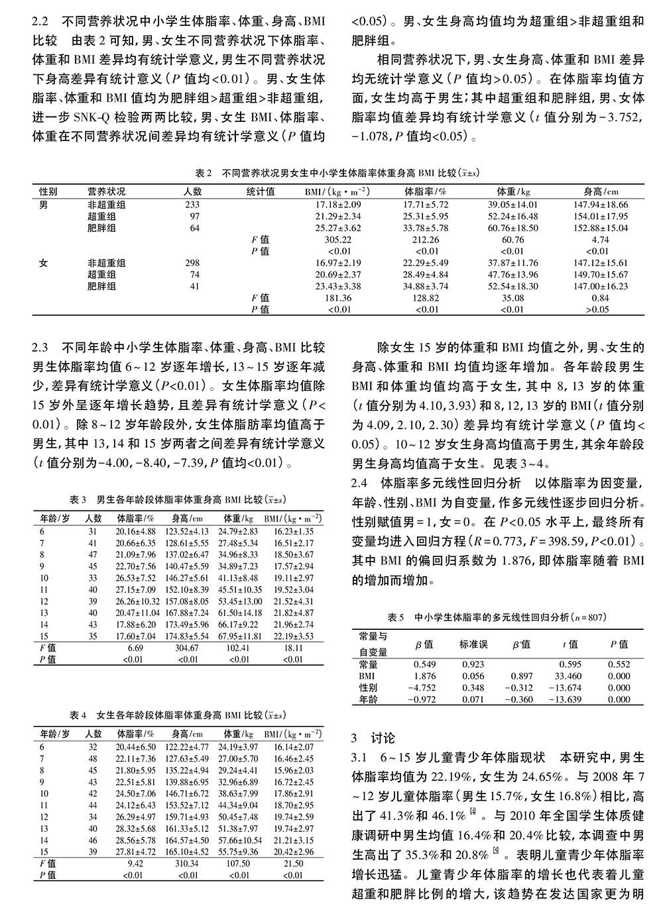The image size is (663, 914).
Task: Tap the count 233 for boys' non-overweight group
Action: click(x=192, y=205)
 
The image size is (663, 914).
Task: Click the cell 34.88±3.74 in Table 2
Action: click(x=426, y=286)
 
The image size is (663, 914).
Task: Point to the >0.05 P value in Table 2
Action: click(x=597, y=309)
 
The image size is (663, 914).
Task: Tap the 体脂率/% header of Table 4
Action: click(x=135, y=734)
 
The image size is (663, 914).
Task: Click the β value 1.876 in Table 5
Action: click(x=424, y=676)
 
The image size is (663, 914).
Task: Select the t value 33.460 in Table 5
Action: click(x=569, y=676)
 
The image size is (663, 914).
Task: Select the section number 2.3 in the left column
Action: click(x=40, y=346)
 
